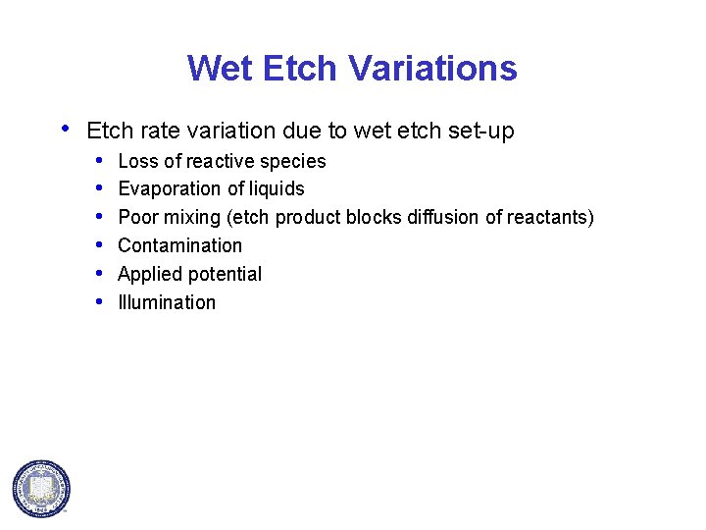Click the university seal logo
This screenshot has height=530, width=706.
(x=41, y=488)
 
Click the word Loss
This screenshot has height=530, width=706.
(x=136, y=161)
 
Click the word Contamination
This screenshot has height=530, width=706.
(x=179, y=245)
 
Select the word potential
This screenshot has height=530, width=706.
(x=226, y=275)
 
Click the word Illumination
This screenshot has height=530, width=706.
(x=167, y=302)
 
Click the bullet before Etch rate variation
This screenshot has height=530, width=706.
(x=66, y=128)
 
